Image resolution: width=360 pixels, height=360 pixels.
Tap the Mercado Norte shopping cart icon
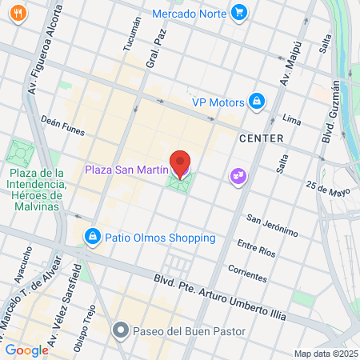238,12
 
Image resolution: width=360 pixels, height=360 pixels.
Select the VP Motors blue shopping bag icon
257,102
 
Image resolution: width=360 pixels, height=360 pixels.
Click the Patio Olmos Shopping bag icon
93,237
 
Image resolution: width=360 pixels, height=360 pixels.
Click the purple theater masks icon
237,174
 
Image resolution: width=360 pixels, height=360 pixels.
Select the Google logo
26,350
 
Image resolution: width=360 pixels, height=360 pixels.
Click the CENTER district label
261,138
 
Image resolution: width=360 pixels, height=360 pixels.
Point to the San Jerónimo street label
271,225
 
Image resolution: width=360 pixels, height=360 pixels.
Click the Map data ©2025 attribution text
325,354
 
